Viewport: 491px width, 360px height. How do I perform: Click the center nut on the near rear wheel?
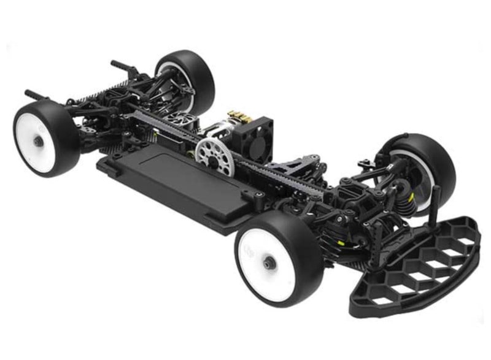point(38,141)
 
